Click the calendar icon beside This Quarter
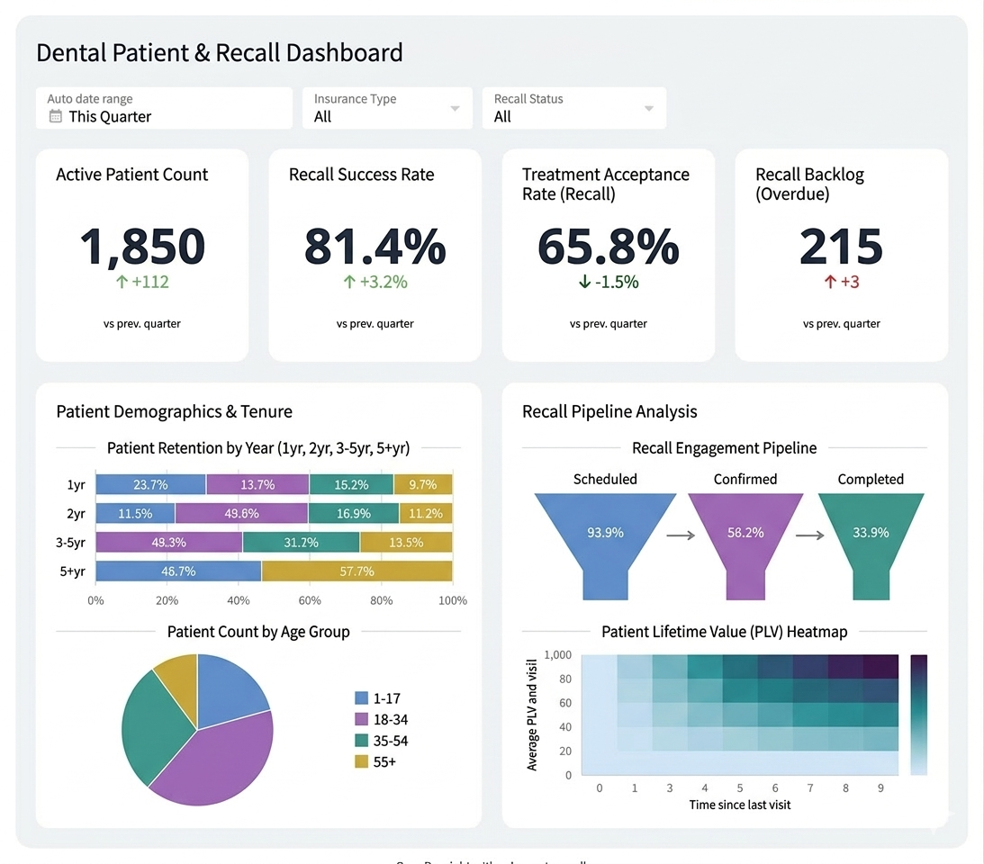(56, 116)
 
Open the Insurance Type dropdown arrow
(455, 109)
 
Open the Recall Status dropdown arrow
(649, 109)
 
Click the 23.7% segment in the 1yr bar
(150, 484)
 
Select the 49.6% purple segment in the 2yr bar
(241, 513)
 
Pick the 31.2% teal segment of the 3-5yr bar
(301, 542)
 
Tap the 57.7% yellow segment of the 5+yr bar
(357, 571)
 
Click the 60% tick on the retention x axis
(310, 600)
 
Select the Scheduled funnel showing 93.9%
(605, 533)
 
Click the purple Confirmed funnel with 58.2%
(745, 533)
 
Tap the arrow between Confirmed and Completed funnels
(810, 535)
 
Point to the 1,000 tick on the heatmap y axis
(558, 654)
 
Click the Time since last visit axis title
(740, 804)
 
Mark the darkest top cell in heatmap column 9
(880, 666)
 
